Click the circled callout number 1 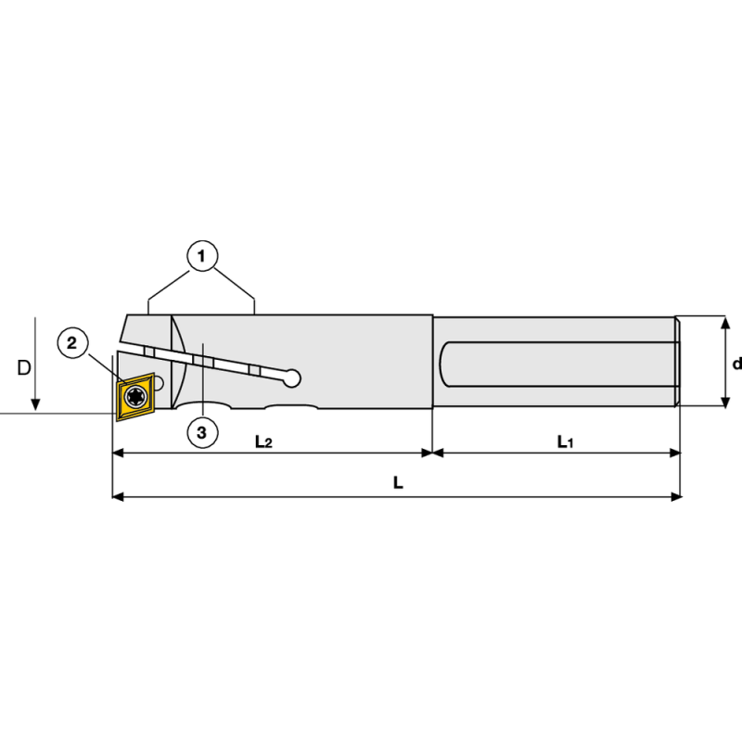click(202, 254)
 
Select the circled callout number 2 click(74, 343)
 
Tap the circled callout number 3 click(202, 431)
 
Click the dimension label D click(24, 367)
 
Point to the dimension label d click(736, 364)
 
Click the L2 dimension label click(263, 441)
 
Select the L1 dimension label click(565, 441)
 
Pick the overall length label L click(397, 483)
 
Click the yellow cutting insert click(135, 396)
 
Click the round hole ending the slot click(293, 377)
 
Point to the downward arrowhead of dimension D click(34, 404)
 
